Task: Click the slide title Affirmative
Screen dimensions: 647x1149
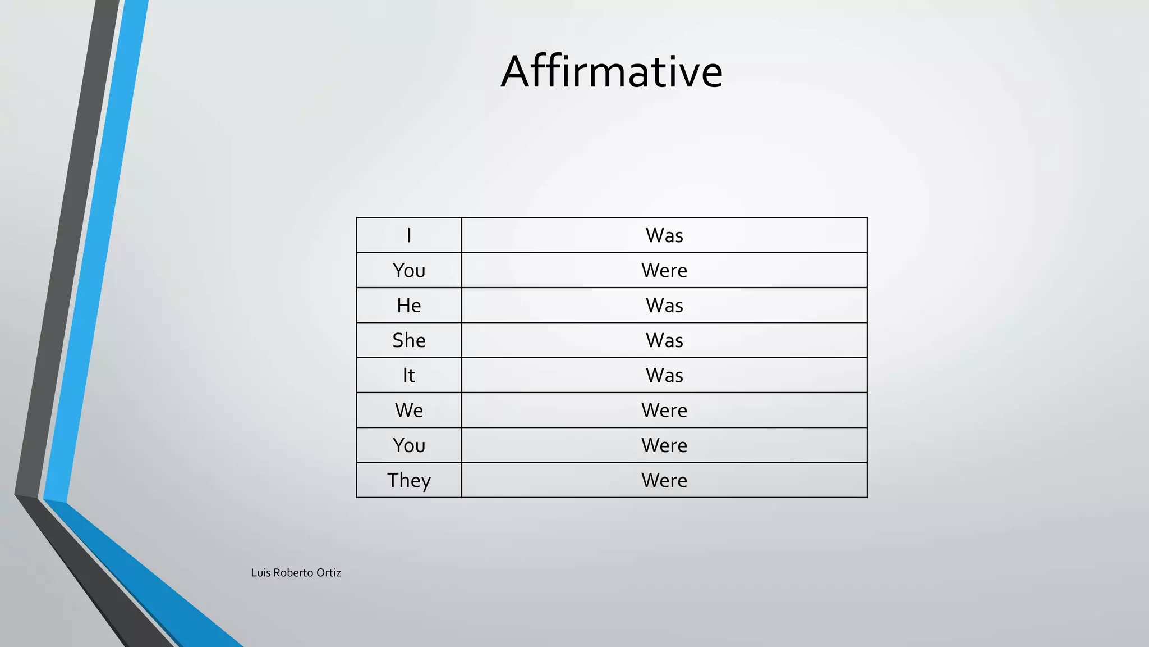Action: coord(612,71)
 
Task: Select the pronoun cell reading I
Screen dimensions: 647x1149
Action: coord(409,235)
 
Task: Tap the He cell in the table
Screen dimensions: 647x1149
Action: coord(409,306)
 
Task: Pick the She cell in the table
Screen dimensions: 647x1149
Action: coord(409,340)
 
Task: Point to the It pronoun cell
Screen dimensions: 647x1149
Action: coord(409,375)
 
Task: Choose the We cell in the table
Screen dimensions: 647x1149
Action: coord(409,411)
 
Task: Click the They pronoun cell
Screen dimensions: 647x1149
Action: coord(409,481)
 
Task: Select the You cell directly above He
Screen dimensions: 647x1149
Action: coord(409,271)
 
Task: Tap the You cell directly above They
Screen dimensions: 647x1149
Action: coord(409,445)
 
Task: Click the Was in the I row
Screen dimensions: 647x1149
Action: coord(664,235)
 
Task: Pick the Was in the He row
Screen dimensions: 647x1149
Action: coord(664,306)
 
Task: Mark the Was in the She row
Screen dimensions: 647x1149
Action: coord(664,340)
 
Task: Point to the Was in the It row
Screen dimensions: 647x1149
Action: coord(664,375)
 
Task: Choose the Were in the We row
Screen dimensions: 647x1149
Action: coord(664,411)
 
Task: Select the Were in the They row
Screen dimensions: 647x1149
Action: coord(664,481)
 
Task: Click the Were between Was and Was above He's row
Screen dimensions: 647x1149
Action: coord(664,271)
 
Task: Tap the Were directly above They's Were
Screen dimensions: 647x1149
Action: coord(664,445)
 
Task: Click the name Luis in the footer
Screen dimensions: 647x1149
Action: coord(261,573)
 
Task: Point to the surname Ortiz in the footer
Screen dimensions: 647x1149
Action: coord(329,573)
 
